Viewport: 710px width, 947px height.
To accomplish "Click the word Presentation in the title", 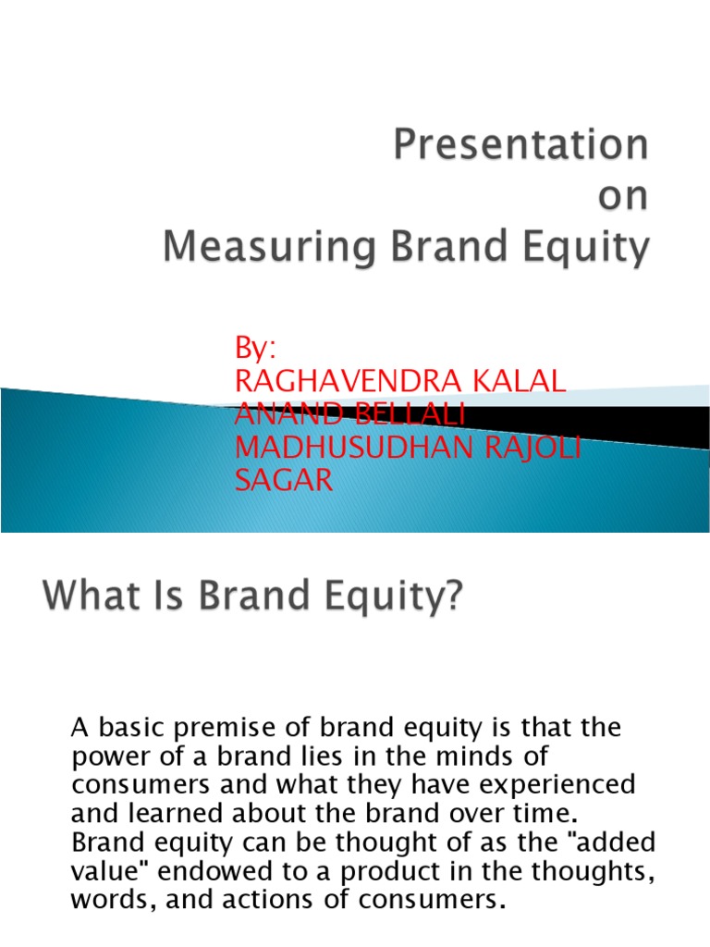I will coord(521,147).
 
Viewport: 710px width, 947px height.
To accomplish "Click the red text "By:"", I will coord(257,350).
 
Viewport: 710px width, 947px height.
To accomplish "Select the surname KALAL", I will coord(524,383).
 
